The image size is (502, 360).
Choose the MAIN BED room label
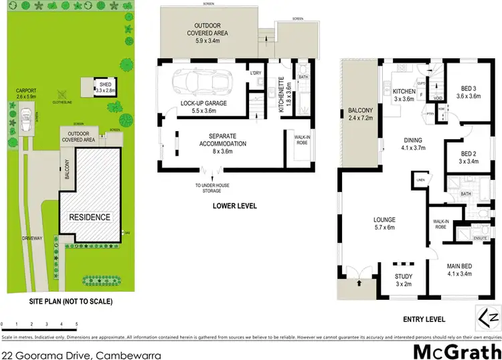click(462, 268)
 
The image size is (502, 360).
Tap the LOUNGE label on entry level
click(385, 219)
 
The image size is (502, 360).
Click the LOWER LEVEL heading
click(234, 206)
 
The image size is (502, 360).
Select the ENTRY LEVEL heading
click(422, 319)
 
